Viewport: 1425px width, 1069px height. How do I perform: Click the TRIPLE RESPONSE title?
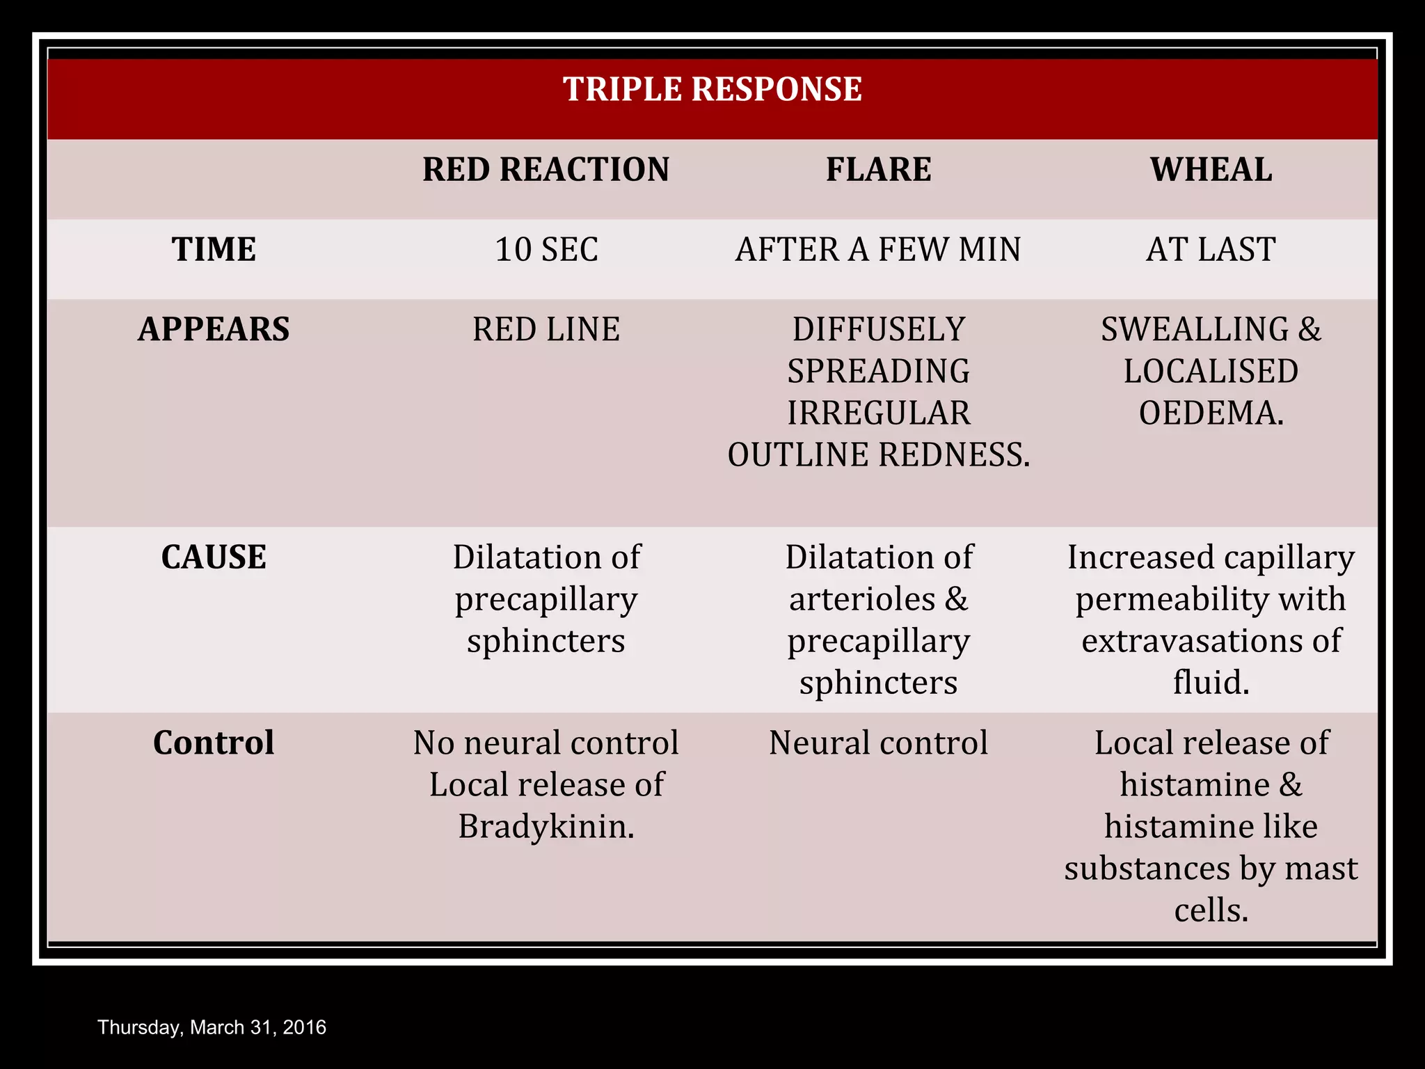[712, 90]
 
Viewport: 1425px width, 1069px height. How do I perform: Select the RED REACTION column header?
[546, 170]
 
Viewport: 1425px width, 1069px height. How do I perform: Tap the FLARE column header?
[878, 170]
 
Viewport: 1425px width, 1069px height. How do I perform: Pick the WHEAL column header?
[1211, 170]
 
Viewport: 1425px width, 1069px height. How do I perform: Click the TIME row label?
[214, 249]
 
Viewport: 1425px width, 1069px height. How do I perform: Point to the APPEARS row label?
[214, 329]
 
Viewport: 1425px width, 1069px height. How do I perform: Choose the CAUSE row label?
[214, 557]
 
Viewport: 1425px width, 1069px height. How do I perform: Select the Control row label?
[214, 743]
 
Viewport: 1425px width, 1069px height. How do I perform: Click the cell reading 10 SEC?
[546, 250]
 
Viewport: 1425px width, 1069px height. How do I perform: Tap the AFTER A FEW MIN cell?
[878, 250]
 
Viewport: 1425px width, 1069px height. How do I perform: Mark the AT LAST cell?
[1211, 250]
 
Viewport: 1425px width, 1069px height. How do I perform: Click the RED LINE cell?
[546, 329]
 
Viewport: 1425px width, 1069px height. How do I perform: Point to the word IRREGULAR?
[878, 413]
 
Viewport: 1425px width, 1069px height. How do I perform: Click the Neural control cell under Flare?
[878, 743]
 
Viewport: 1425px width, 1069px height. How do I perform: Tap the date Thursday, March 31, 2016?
[212, 1027]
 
